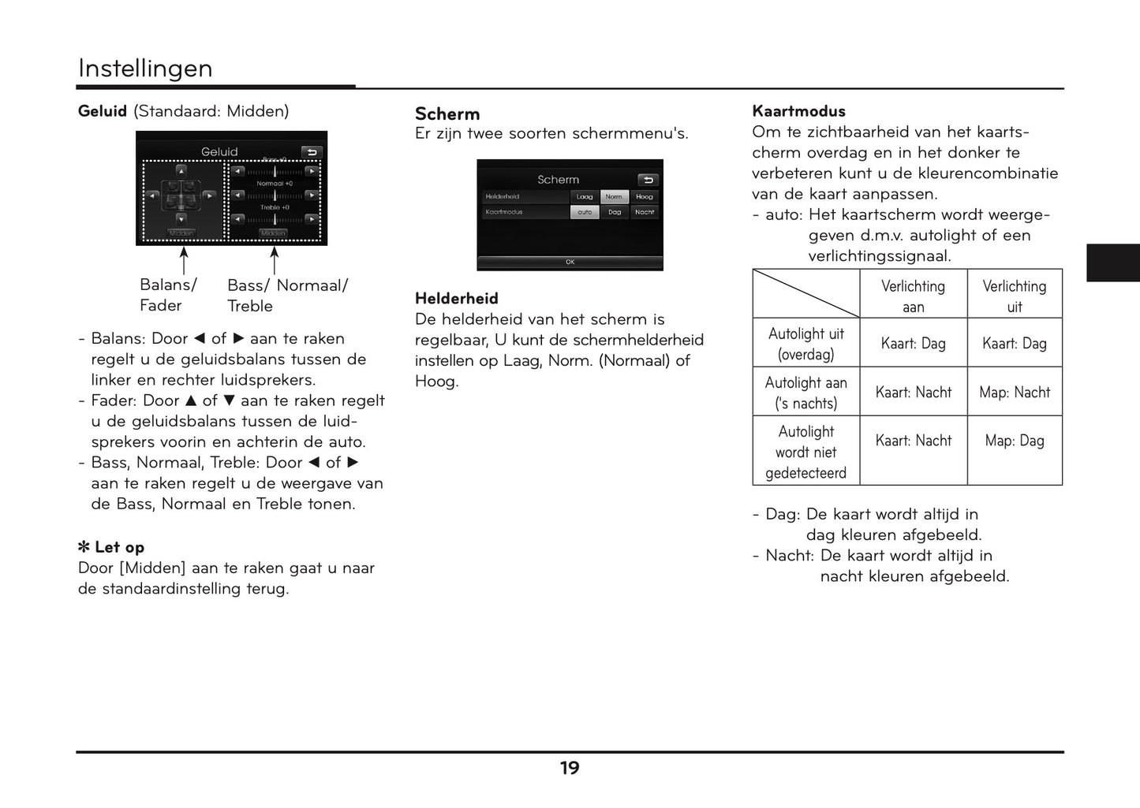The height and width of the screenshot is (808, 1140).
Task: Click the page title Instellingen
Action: pos(145,69)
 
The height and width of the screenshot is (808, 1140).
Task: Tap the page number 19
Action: pos(570,768)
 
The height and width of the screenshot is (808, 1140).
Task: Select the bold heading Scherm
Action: pos(447,114)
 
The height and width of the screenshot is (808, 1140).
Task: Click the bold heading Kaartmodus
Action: pos(798,111)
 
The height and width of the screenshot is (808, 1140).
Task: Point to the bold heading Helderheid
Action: pos(457,298)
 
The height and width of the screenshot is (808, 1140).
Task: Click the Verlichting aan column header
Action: pos(913,296)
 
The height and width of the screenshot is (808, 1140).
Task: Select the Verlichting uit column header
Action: pos(1014,296)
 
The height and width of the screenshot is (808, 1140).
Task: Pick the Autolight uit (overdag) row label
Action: pos(805,344)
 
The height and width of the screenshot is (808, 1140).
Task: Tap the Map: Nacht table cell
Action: pos(1014,392)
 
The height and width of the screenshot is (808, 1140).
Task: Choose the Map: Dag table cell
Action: pos(1014,441)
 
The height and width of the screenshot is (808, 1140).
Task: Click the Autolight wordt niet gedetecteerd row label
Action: pos(805,452)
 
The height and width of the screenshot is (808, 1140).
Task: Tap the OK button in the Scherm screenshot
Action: pos(570,262)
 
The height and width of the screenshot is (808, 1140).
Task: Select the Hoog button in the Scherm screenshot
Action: pos(644,197)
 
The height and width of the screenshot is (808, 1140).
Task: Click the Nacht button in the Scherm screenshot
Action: pos(644,212)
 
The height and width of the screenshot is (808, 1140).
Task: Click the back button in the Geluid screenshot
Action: pos(312,152)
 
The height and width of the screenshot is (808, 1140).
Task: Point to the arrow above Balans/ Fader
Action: pos(184,260)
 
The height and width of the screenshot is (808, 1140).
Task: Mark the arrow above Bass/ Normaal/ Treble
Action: pos(275,260)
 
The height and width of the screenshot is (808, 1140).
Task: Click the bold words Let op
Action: pos(119,547)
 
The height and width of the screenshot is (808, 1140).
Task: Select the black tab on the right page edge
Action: pos(1112,263)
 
